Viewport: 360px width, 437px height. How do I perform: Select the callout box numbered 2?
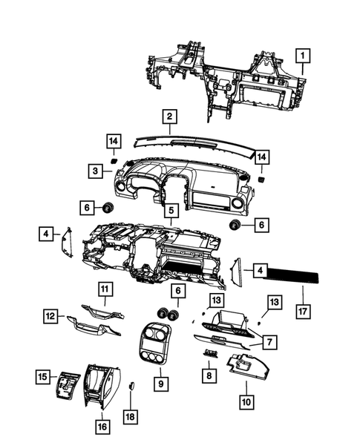[170, 116]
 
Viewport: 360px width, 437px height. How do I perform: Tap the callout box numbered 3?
[96, 171]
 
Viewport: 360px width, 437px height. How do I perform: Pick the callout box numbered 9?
[160, 384]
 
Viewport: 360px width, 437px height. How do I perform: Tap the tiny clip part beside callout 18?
[131, 387]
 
